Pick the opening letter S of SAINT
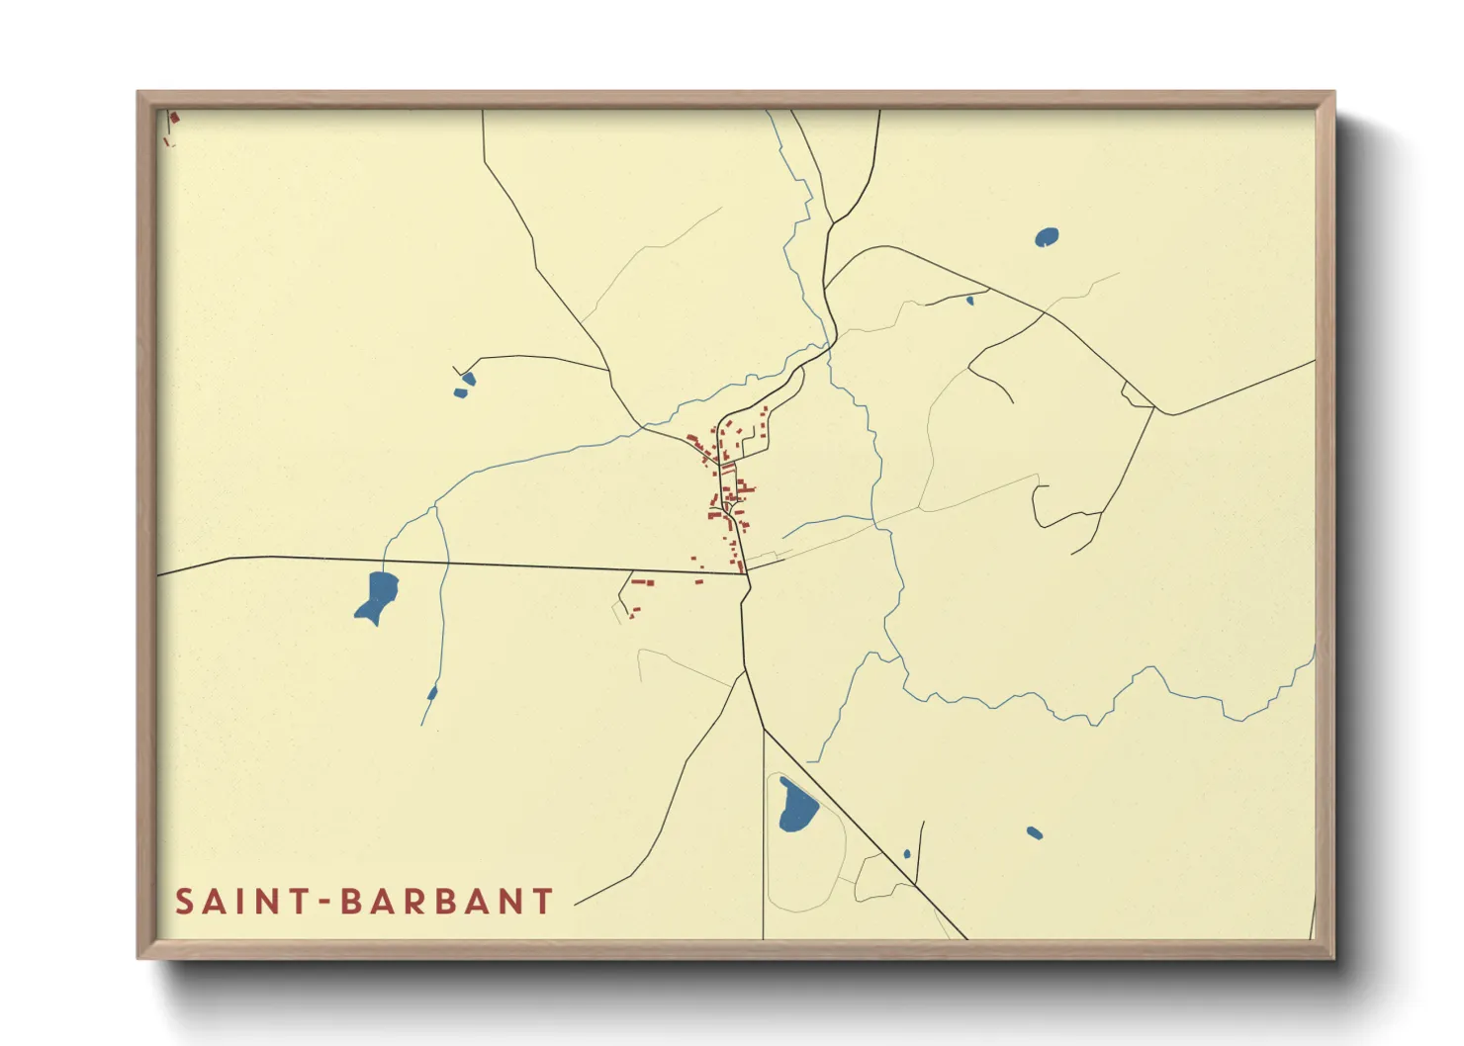click(184, 902)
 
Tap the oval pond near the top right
click(1046, 237)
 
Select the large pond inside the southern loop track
click(796, 805)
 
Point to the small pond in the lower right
click(1034, 832)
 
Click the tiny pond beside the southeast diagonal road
click(907, 854)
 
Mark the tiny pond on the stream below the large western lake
click(432, 692)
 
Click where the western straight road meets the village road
click(743, 573)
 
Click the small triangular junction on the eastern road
click(1136, 395)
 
